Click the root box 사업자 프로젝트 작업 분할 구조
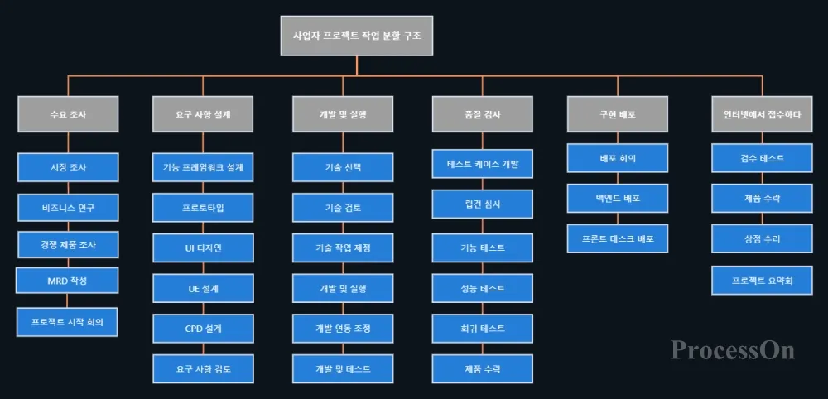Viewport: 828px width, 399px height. (x=357, y=36)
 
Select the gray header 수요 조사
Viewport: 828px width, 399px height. (x=68, y=114)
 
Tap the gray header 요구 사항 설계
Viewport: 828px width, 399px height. (x=203, y=114)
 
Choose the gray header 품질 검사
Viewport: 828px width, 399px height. (x=482, y=114)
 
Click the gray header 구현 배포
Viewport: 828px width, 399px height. (x=617, y=114)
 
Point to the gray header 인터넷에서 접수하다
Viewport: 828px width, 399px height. (x=762, y=114)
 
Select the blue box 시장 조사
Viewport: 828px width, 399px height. (x=68, y=167)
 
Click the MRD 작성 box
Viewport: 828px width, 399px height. (x=68, y=281)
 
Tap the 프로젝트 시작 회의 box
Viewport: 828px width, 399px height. (x=68, y=321)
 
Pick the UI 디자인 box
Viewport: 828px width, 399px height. (x=203, y=248)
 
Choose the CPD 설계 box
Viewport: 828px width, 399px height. (x=203, y=328)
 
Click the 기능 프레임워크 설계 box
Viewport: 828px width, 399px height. (x=203, y=167)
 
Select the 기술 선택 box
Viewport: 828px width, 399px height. (x=343, y=167)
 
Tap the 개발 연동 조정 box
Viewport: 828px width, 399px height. (x=343, y=328)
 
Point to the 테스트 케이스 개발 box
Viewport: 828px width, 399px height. (x=482, y=163)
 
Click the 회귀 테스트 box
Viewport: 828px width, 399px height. (x=482, y=328)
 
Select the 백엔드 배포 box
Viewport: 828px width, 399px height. (x=617, y=199)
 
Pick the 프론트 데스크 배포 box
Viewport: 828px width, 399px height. (x=617, y=238)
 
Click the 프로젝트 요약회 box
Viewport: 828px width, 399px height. (x=762, y=280)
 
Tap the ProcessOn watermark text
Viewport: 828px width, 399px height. (x=733, y=349)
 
